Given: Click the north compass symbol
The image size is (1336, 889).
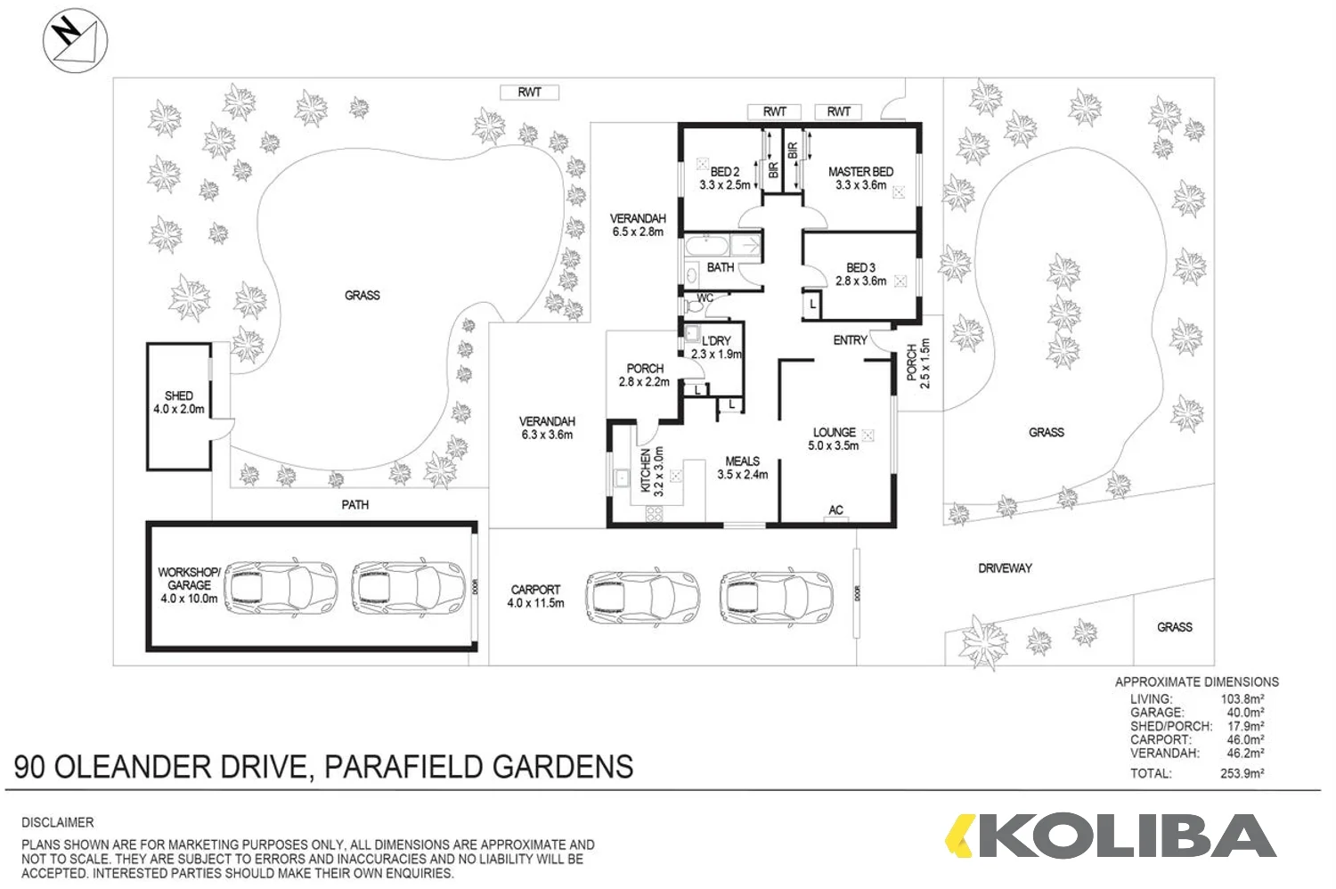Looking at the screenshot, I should [x=75, y=41].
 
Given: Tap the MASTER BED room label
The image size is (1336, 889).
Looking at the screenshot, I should [x=860, y=178].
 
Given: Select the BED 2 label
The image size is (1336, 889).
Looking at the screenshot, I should [x=724, y=178].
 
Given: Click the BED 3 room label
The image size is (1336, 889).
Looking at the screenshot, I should [x=860, y=274].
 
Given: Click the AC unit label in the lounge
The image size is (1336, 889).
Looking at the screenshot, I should [x=835, y=510].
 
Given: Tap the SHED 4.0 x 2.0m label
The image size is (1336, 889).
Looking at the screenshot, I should [x=179, y=403].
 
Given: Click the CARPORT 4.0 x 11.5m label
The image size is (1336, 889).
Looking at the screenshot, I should [x=535, y=596].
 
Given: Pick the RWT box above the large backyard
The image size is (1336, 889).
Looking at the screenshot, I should [x=529, y=92].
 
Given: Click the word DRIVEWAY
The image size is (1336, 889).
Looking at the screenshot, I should [x=1005, y=568].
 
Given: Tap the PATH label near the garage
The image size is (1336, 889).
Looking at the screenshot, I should [x=354, y=505].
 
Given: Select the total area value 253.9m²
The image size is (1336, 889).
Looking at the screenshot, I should [x=1242, y=773].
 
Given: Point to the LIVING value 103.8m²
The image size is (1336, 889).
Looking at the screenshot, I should [x=1242, y=699].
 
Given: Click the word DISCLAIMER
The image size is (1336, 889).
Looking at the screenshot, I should [x=58, y=822].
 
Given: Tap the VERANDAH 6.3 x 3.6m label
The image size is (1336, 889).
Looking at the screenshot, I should [x=547, y=428].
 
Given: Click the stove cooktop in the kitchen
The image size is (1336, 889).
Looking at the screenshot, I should [x=655, y=513].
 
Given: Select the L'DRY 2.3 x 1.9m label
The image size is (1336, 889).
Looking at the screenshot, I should [x=716, y=347].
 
